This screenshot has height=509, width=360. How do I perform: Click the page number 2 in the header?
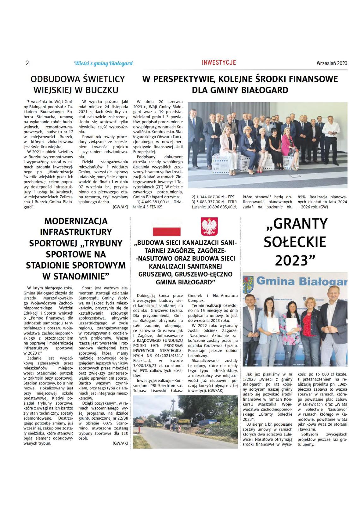click(27, 63)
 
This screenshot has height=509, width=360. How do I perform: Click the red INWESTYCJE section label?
click(219, 62)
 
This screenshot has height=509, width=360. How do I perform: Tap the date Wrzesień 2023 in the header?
click(332, 63)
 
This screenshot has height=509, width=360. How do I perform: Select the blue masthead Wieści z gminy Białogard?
click(103, 63)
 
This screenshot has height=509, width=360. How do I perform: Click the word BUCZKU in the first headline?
click(101, 90)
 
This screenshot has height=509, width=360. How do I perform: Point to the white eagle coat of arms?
click(209, 226)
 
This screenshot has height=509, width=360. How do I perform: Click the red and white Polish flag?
click(166, 227)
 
